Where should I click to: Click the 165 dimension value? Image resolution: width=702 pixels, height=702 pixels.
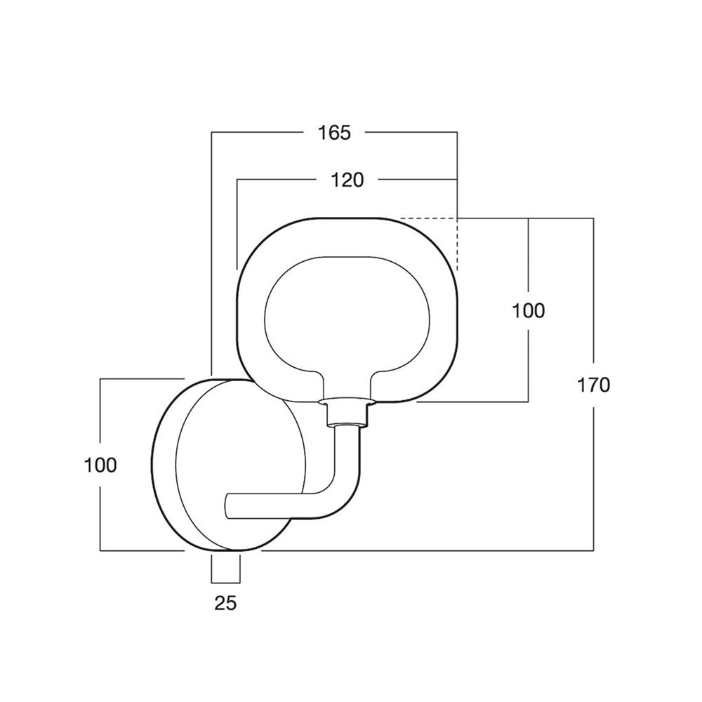click(x=334, y=133)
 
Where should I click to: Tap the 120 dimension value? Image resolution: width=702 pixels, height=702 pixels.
click(x=347, y=180)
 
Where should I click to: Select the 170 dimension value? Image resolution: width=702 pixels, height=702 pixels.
click(x=594, y=385)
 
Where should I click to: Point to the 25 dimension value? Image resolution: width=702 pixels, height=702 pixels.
click(x=225, y=603)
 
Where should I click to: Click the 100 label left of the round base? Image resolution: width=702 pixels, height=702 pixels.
click(x=100, y=465)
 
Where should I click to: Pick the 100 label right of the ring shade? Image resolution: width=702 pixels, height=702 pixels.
click(x=529, y=311)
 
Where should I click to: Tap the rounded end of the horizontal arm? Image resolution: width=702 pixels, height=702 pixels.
click(x=227, y=506)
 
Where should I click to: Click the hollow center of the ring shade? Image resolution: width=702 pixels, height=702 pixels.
click(x=347, y=313)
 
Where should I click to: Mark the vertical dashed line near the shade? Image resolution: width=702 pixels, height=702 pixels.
click(x=457, y=244)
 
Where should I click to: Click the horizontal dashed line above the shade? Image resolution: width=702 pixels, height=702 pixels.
click(x=428, y=218)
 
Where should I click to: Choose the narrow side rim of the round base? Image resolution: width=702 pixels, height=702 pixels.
click(x=165, y=465)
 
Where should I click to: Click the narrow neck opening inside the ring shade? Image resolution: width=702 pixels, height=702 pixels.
click(x=346, y=384)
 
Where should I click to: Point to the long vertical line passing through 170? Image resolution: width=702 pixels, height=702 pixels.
click(x=594, y=384)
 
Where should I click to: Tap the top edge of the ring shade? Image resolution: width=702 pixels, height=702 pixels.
click(x=347, y=218)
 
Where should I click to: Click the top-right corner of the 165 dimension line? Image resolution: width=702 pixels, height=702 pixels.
click(x=457, y=132)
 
